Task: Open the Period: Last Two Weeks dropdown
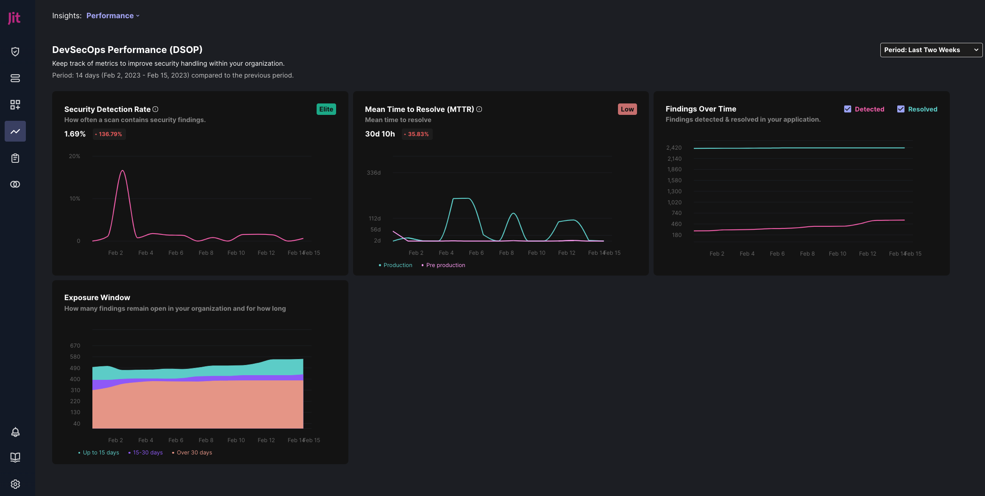[x=931, y=50]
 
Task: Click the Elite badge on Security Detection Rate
[x=326, y=109]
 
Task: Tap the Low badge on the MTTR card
[x=627, y=109]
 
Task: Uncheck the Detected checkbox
[x=848, y=109]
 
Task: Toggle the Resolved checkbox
[x=901, y=109]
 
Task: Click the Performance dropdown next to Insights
[x=113, y=16]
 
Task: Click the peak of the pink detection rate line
[x=122, y=170]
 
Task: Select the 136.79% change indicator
[x=109, y=134]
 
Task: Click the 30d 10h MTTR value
[x=380, y=134]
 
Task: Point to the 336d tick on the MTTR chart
[x=373, y=173]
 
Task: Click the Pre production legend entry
[x=445, y=265]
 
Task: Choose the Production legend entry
[x=397, y=265]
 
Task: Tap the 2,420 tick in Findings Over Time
[x=673, y=148]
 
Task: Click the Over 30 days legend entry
[x=194, y=453]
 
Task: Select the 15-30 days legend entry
[x=147, y=453]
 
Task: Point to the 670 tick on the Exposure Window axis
[x=75, y=346]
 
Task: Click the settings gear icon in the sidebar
[x=15, y=484]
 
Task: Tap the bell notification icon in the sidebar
[x=15, y=432]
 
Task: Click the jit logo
[x=14, y=18]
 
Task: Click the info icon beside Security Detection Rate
[x=156, y=109]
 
